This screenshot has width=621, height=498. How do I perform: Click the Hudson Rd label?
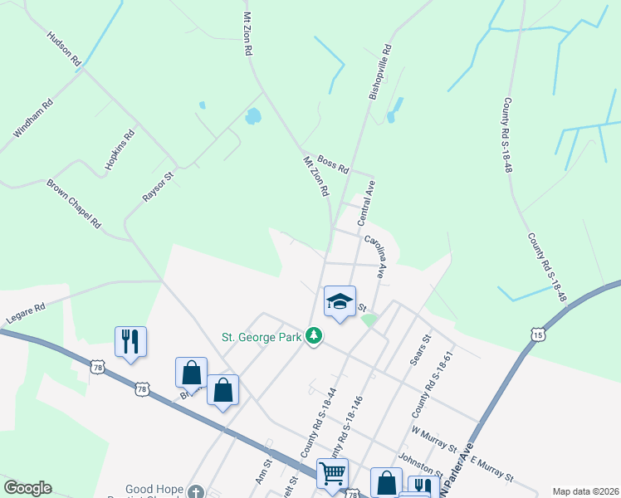click(64, 49)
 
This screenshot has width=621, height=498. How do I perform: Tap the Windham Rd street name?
click(33, 119)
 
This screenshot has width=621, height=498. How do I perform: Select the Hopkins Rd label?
click(120, 150)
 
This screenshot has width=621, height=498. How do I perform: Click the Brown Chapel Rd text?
click(73, 204)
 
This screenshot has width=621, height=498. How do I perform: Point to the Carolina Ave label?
click(374, 255)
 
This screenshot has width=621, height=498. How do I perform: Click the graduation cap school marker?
click(340, 301)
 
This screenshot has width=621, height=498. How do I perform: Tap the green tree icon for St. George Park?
click(313, 336)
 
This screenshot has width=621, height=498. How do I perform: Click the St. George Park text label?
click(262, 337)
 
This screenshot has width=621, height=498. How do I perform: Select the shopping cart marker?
click(332, 473)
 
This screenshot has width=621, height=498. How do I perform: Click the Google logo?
click(27, 488)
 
